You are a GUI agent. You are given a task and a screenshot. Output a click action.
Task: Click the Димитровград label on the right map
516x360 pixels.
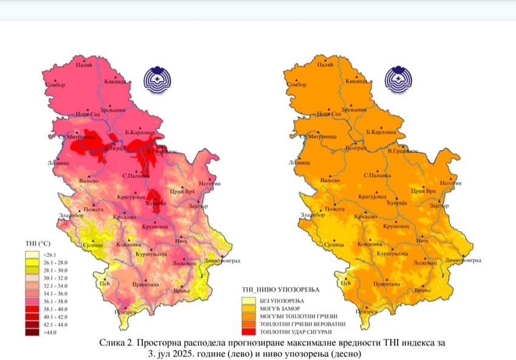tap(463, 260)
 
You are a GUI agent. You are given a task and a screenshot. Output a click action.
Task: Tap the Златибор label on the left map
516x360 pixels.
tap(70, 216)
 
